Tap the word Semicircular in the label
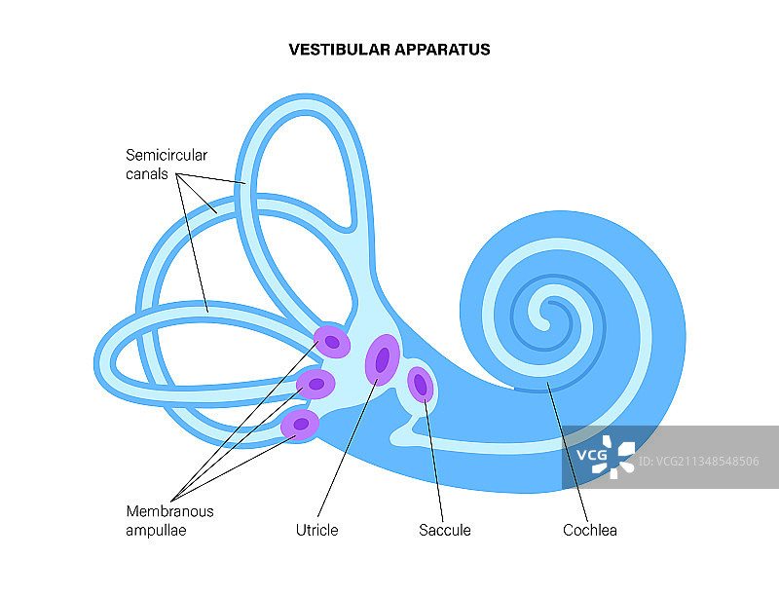[x=167, y=155]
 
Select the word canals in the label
[x=146, y=174]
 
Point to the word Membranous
[x=169, y=511]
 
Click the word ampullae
[x=155, y=531]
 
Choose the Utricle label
[x=316, y=531]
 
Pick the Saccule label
[x=445, y=531]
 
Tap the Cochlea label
[x=590, y=531]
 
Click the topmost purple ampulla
[x=333, y=342]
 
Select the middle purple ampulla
[x=316, y=384]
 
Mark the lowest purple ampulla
[x=301, y=424]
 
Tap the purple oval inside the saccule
[x=421, y=385]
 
